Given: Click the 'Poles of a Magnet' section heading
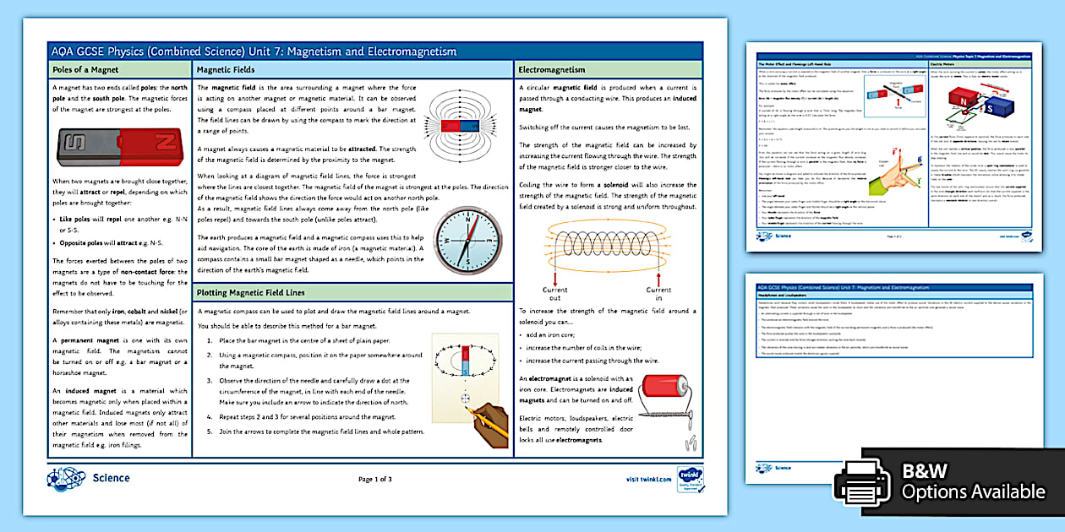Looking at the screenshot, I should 85,69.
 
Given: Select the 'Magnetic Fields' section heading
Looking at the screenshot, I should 226,69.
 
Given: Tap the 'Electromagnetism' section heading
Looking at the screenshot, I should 551,69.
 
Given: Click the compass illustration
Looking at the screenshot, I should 467,241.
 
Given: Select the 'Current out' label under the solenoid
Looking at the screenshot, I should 554,294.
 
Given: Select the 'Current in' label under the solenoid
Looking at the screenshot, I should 659,294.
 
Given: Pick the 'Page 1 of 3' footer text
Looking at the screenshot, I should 375,479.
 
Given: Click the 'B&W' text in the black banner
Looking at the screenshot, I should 926,471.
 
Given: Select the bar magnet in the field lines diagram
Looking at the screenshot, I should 461,125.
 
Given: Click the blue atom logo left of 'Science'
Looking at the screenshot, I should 66,478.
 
